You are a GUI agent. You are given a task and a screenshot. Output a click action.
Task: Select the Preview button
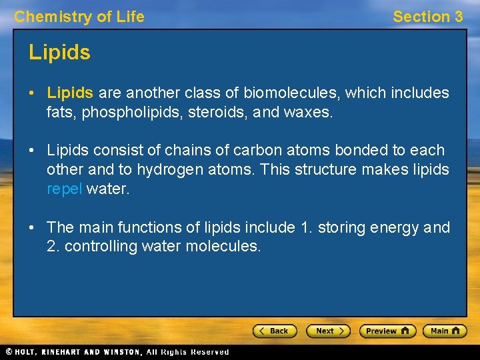[387, 331]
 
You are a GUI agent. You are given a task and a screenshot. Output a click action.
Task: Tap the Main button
[445, 331]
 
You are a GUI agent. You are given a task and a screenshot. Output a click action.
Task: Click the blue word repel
[65, 189]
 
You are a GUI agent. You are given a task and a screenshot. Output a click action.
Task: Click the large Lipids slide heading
[59, 53]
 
